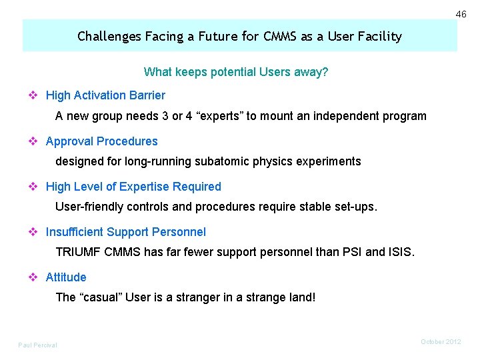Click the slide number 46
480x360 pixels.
point(461,14)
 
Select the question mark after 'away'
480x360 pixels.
point(325,72)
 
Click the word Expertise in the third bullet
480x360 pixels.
point(146,187)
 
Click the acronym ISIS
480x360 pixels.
point(400,252)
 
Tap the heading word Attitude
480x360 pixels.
point(66,277)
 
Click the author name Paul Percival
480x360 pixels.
point(37,345)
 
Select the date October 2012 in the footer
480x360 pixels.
point(441,341)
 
